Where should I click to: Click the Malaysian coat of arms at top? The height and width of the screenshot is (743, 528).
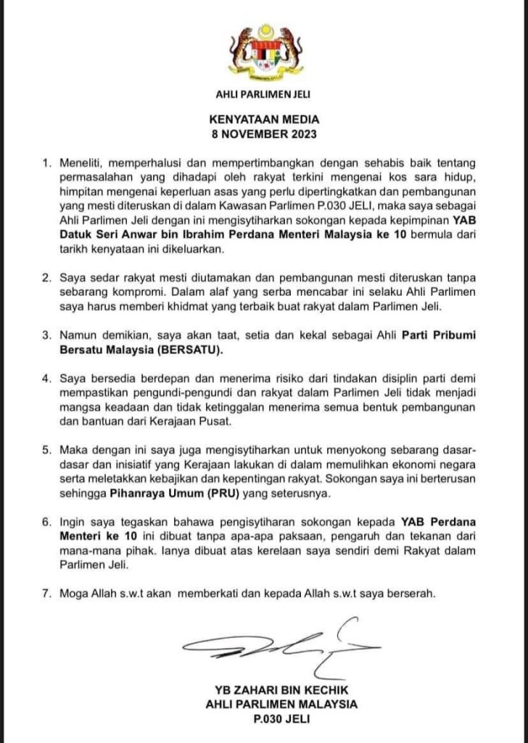264,53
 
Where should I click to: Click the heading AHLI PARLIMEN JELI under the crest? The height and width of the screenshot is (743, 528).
264,94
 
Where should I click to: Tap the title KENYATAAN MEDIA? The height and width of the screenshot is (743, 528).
264,120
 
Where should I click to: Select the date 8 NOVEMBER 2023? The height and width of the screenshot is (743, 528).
264,134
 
